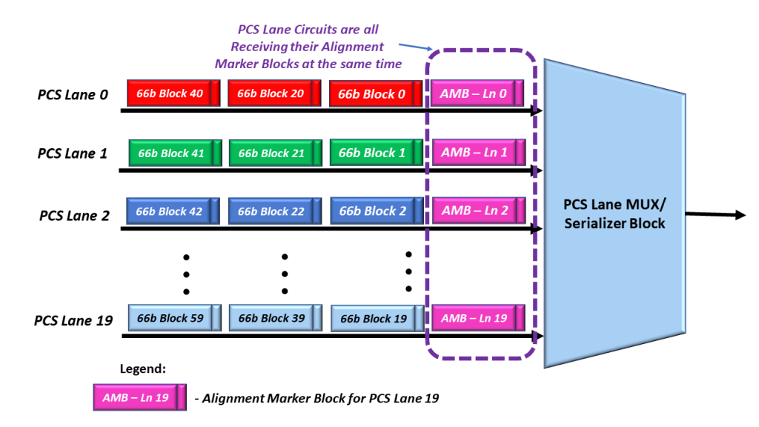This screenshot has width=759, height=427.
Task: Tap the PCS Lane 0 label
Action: (73, 95)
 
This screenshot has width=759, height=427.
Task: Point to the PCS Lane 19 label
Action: (73, 321)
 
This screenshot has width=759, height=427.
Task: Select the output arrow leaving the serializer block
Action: (715, 215)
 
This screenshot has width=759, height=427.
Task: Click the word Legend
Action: (143, 368)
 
